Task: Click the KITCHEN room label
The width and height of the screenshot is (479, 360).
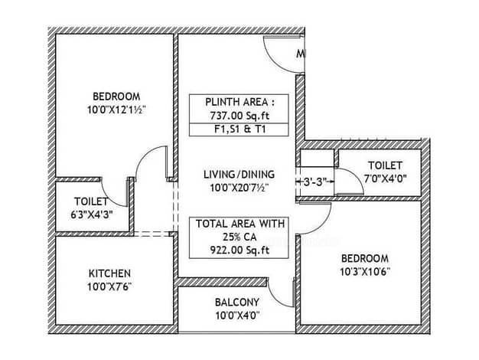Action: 109,273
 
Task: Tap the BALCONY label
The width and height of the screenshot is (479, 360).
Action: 237,303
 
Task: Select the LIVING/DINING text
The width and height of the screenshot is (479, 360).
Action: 239,175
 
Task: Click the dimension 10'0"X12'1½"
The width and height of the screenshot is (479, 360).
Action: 116,110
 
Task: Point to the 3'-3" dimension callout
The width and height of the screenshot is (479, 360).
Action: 315,182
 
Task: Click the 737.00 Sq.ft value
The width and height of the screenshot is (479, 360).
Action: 239,116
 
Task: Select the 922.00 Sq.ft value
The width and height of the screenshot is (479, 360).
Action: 239,250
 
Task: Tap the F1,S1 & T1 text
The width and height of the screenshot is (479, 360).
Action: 239,129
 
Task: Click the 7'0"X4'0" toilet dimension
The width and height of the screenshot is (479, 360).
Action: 385,178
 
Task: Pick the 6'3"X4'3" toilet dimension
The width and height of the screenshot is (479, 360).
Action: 92,215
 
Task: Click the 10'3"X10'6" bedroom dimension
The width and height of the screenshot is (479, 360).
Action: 365,272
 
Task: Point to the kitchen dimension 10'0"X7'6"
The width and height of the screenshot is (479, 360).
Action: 109,287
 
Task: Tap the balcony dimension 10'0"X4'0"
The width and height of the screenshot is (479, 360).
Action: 237,316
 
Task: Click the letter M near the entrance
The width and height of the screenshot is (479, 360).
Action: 301,54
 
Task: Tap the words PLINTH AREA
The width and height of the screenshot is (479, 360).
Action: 236,102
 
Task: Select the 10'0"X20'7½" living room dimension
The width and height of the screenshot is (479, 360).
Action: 239,188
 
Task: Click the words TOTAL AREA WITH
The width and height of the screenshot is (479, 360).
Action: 240,224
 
